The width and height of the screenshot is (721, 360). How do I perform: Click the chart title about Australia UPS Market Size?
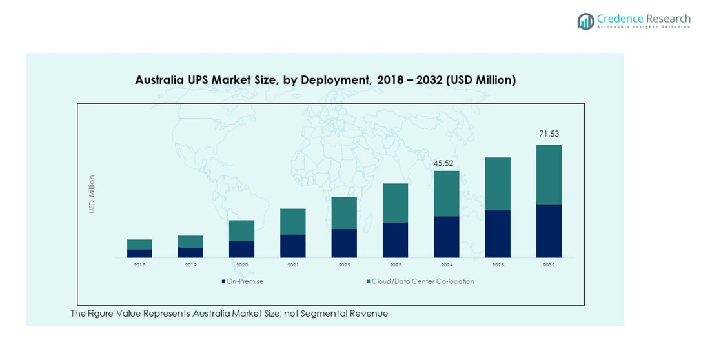point(325,80)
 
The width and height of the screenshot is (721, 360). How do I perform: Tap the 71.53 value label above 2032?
point(549,134)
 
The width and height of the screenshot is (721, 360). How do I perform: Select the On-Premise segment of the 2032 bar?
point(549,231)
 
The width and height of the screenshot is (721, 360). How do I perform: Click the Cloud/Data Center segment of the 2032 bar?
point(549,174)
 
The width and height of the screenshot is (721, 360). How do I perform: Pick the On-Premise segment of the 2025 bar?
point(498,234)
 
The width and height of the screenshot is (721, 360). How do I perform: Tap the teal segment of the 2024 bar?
point(446,194)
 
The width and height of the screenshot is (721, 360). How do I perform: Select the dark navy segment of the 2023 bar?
point(395,240)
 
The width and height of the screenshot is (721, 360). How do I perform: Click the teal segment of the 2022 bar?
point(344,213)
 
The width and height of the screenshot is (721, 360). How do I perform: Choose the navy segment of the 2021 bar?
point(293,246)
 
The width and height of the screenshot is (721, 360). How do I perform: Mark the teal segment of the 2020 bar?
point(241,230)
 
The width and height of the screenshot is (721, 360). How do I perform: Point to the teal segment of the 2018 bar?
point(139,245)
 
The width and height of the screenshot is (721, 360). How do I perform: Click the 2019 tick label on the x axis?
point(190,265)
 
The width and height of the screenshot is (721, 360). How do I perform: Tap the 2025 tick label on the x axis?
point(498,265)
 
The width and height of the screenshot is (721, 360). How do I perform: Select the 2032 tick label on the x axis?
point(549,265)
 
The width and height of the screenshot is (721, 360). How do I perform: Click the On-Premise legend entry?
point(243,281)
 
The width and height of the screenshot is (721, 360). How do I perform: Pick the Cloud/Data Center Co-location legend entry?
point(420,281)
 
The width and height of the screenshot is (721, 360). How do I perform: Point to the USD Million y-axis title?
point(92,194)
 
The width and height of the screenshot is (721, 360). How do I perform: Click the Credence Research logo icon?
point(585,21)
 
